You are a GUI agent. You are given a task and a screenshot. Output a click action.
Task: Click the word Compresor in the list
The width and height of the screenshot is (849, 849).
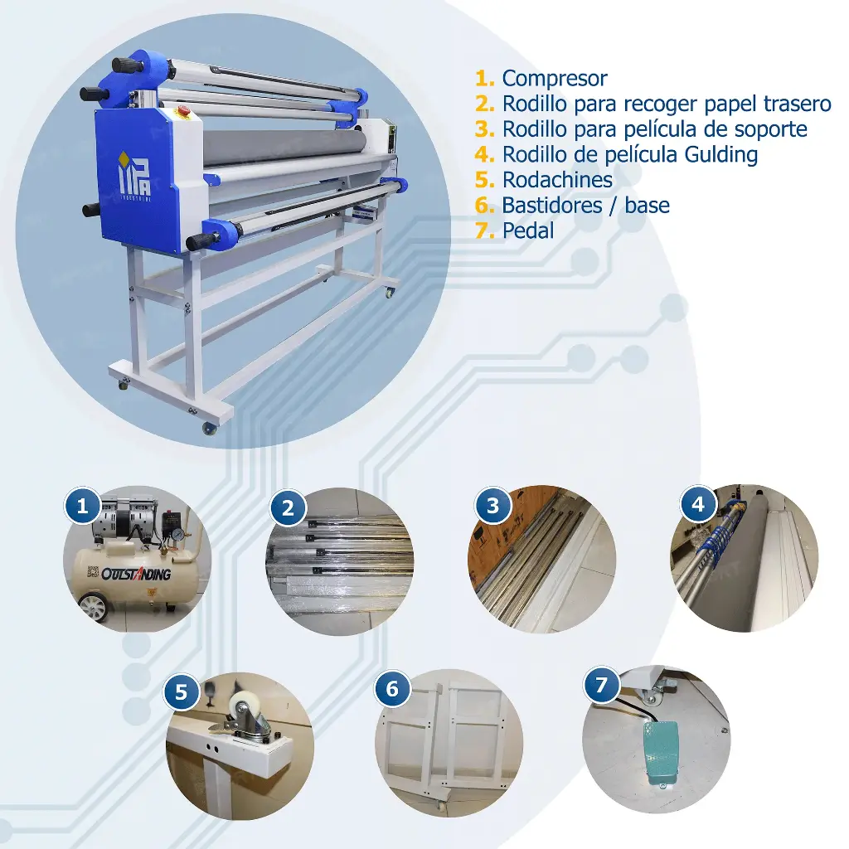coord(555,79)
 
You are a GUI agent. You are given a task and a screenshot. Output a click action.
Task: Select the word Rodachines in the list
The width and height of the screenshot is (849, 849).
coord(557,180)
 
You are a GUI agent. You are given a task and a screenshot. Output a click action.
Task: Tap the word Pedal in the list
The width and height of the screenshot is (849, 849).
coord(528,230)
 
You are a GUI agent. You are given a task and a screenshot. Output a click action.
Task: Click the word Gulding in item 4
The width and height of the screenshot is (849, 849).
coord(720,155)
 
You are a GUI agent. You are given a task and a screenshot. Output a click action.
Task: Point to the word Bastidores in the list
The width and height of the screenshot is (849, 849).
coord(551,206)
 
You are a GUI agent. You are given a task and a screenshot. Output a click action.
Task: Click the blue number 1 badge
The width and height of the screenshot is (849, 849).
coord(82,507)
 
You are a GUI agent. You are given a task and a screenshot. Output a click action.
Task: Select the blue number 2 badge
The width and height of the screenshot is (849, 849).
coord(288,508)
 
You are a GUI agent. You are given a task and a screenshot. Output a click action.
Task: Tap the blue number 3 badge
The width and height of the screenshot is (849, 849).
coord(492,506)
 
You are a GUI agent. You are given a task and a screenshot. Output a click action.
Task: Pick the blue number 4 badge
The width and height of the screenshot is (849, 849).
coord(698,504)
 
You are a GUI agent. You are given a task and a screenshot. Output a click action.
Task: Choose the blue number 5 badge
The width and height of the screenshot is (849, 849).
coord(181,692)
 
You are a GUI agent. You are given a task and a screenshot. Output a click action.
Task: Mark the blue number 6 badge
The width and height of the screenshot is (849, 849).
coord(392,689)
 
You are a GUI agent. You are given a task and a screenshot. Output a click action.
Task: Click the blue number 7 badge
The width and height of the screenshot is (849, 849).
coord(601,685)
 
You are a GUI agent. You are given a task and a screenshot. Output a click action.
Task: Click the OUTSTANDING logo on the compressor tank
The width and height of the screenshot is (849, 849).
coord(135,574)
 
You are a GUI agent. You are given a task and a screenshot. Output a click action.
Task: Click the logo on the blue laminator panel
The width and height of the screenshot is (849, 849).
coord(135,175)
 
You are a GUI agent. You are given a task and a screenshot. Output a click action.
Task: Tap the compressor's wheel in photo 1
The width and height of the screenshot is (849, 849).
coord(93,608)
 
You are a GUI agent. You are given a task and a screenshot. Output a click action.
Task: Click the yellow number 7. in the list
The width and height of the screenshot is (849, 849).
coord(484,230)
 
